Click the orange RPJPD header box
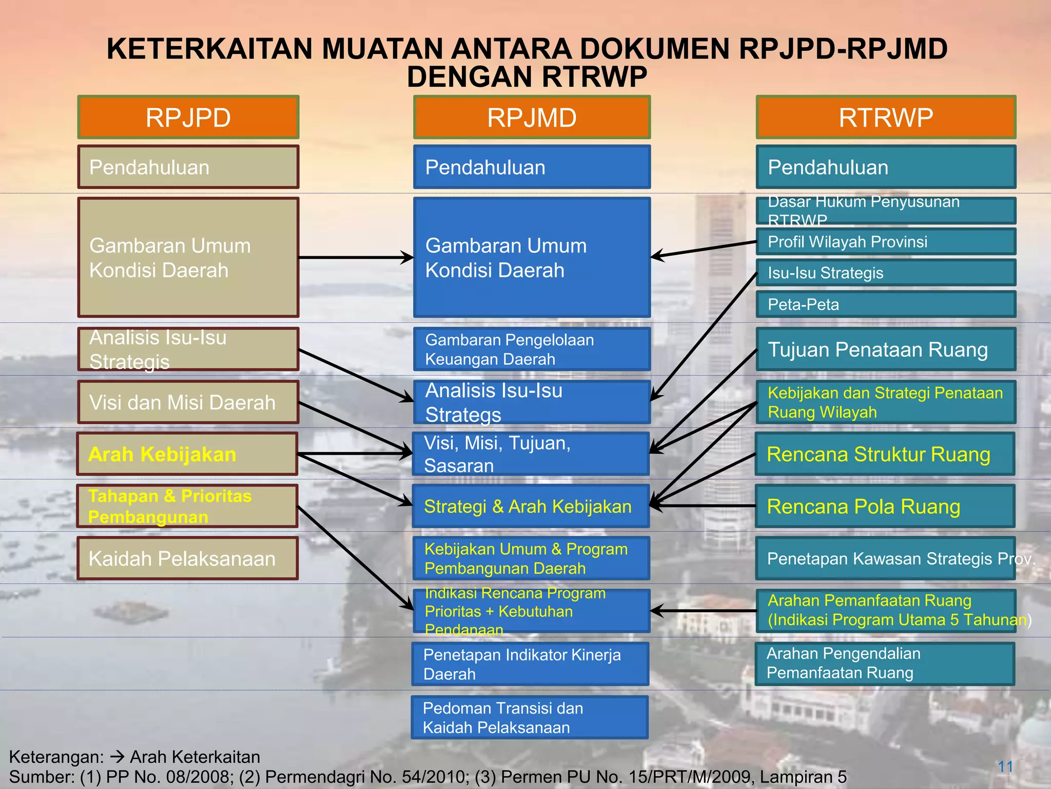(x=188, y=117)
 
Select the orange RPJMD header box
(x=532, y=117)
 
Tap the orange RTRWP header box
(x=886, y=117)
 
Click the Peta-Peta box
(x=886, y=304)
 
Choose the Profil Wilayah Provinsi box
(x=886, y=241)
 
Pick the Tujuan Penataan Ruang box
(x=886, y=349)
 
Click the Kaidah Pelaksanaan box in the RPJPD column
(x=188, y=558)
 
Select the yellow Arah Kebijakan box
(x=187, y=454)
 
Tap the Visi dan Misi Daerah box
(x=188, y=402)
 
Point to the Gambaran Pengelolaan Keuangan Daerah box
(x=532, y=349)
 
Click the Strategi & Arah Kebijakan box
(x=531, y=506)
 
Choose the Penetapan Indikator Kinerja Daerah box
(x=530, y=664)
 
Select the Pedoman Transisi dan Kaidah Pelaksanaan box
(x=530, y=717)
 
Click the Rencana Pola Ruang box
(x=885, y=506)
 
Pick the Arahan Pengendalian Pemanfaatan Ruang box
(x=885, y=663)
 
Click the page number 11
(x=1005, y=767)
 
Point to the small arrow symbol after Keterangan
(x=118, y=757)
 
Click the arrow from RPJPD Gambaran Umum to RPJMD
(x=356, y=257)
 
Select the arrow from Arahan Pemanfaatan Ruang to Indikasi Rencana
(x=703, y=611)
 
